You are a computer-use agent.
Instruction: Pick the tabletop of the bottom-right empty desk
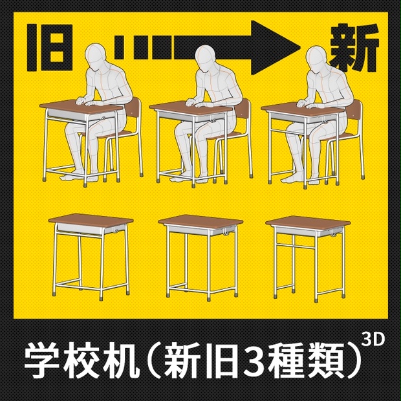(x=309, y=222)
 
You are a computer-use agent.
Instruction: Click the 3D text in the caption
(x=373, y=339)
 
